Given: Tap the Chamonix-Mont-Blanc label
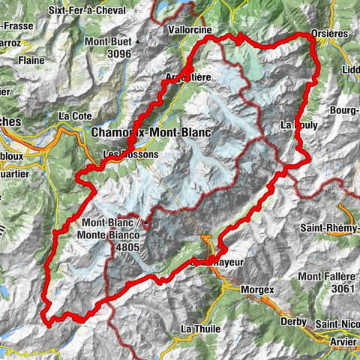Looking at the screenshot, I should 151,132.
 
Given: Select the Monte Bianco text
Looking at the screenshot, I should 112,234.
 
